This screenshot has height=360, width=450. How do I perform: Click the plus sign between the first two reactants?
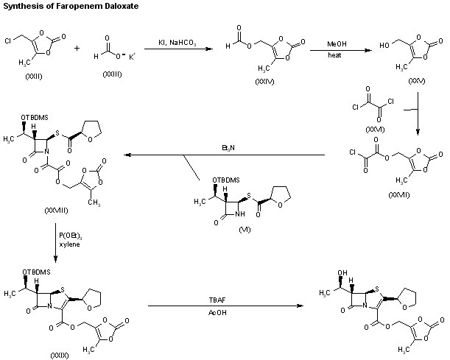[x=78, y=49]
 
